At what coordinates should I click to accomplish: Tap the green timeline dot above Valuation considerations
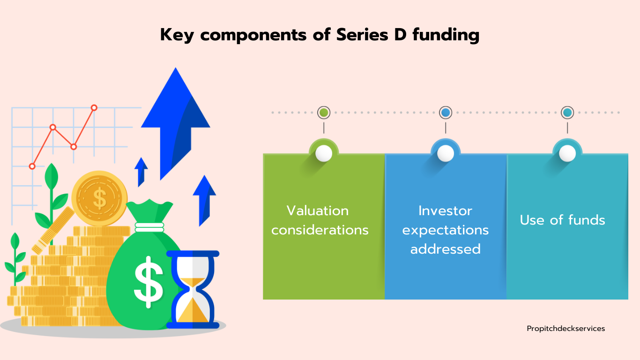coord(324,112)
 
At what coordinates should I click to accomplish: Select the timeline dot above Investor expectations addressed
coord(446,112)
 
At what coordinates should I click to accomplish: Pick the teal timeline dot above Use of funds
coord(567,112)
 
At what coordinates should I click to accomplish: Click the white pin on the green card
coord(324,153)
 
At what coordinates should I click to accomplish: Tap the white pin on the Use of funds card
coord(567,153)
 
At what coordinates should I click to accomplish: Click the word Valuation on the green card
coord(318,211)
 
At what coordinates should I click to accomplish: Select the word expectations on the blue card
coord(446,230)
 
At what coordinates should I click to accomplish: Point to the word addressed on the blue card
coord(446,248)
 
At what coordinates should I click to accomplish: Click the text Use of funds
coord(562,220)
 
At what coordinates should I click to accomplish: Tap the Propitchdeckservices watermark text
coord(566,329)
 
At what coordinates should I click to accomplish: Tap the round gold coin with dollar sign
coord(99,198)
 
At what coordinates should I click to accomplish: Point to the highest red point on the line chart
coord(94,108)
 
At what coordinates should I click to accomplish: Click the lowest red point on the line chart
coord(32,166)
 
